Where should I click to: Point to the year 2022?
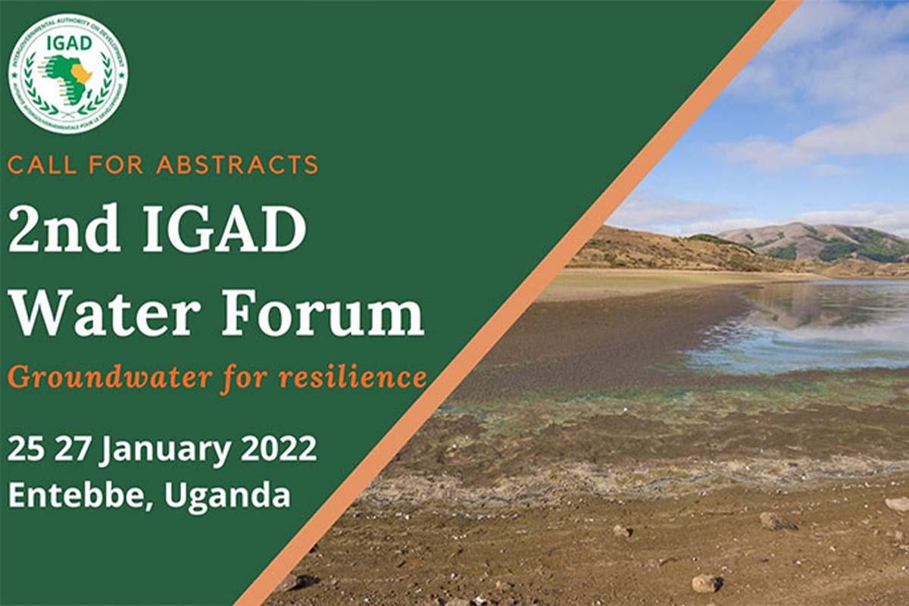coord(279,449)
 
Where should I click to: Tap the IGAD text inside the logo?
coord(68,42)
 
